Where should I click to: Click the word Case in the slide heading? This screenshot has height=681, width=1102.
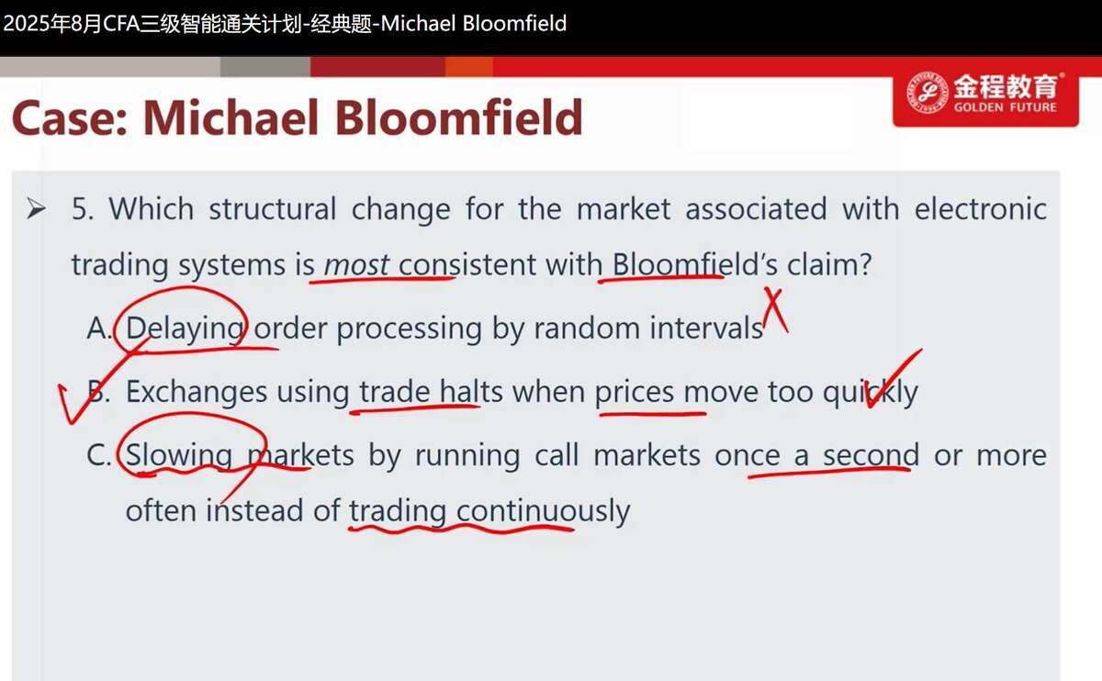tap(70, 118)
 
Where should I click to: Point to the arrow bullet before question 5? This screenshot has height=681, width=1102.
tap(36, 208)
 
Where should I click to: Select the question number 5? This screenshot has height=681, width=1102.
tap(82, 208)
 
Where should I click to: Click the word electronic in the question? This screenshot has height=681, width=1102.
tap(981, 208)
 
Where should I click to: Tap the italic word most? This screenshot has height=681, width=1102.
tap(356, 264)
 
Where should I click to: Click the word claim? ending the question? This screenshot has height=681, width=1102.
tap(829, 264)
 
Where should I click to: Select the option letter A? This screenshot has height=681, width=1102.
tap(99, 328)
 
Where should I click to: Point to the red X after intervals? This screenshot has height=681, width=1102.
tap(776, 311)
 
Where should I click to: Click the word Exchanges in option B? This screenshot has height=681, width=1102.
tap(197, 393)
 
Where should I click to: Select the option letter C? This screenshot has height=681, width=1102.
tap(98, 455)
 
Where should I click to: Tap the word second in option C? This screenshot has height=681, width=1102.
tap(871, 455)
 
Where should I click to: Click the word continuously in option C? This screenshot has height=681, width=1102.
tap(544, 511)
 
